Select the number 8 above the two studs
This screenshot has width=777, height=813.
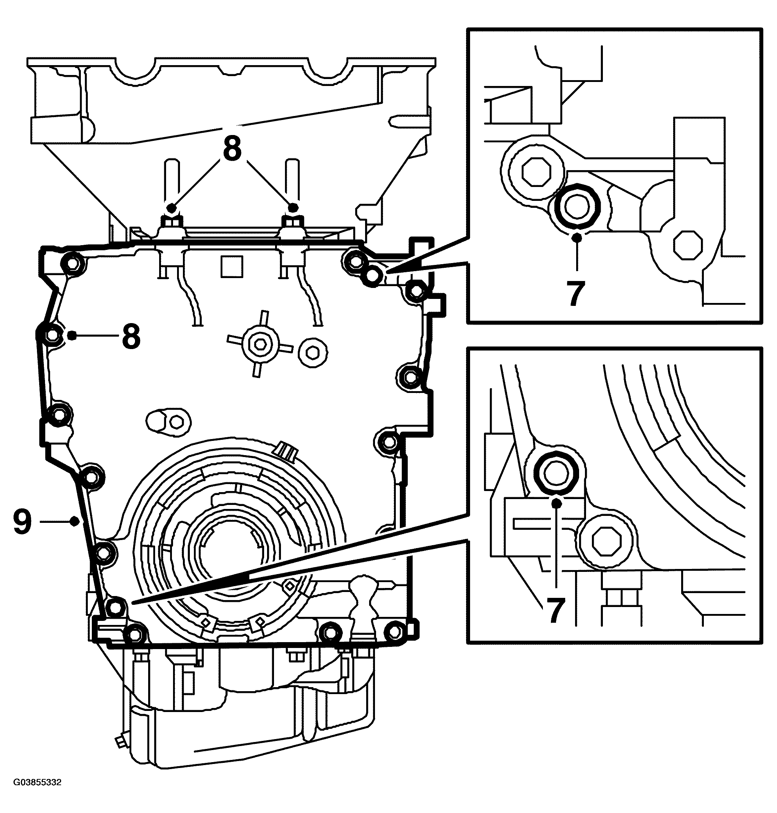tap(232, 148)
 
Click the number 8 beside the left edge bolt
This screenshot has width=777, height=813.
tap(131, 336)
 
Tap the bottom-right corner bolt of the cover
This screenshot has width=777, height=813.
tap(394, 631)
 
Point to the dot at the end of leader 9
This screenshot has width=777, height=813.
tap(75, 521)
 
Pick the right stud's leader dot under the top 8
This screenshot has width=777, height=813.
tap(293, 207)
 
